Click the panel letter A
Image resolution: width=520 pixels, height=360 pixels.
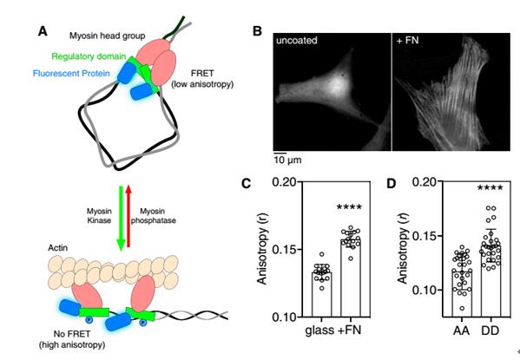43,31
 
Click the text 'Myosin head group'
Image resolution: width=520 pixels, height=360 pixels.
107,36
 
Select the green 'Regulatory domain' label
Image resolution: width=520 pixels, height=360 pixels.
89,56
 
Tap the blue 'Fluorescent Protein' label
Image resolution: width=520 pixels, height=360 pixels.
71,73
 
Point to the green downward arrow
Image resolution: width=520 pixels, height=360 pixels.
121,218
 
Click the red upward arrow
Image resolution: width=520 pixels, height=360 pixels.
128,216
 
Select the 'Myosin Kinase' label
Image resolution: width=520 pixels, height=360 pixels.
99,216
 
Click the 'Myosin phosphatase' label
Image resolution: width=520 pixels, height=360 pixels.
153,216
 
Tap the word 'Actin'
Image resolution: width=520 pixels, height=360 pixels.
57,248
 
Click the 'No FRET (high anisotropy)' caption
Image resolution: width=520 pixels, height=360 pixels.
72,339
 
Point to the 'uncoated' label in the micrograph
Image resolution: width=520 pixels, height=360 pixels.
297,41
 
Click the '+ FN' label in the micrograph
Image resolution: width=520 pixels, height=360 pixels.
407,41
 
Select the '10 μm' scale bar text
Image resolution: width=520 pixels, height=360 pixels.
287,160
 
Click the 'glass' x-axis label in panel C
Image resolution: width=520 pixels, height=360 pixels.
319,331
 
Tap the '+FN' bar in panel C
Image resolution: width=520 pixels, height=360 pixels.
351,278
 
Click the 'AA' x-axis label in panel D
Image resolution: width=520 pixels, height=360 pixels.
461,331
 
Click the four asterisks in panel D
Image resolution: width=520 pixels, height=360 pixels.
490,188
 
